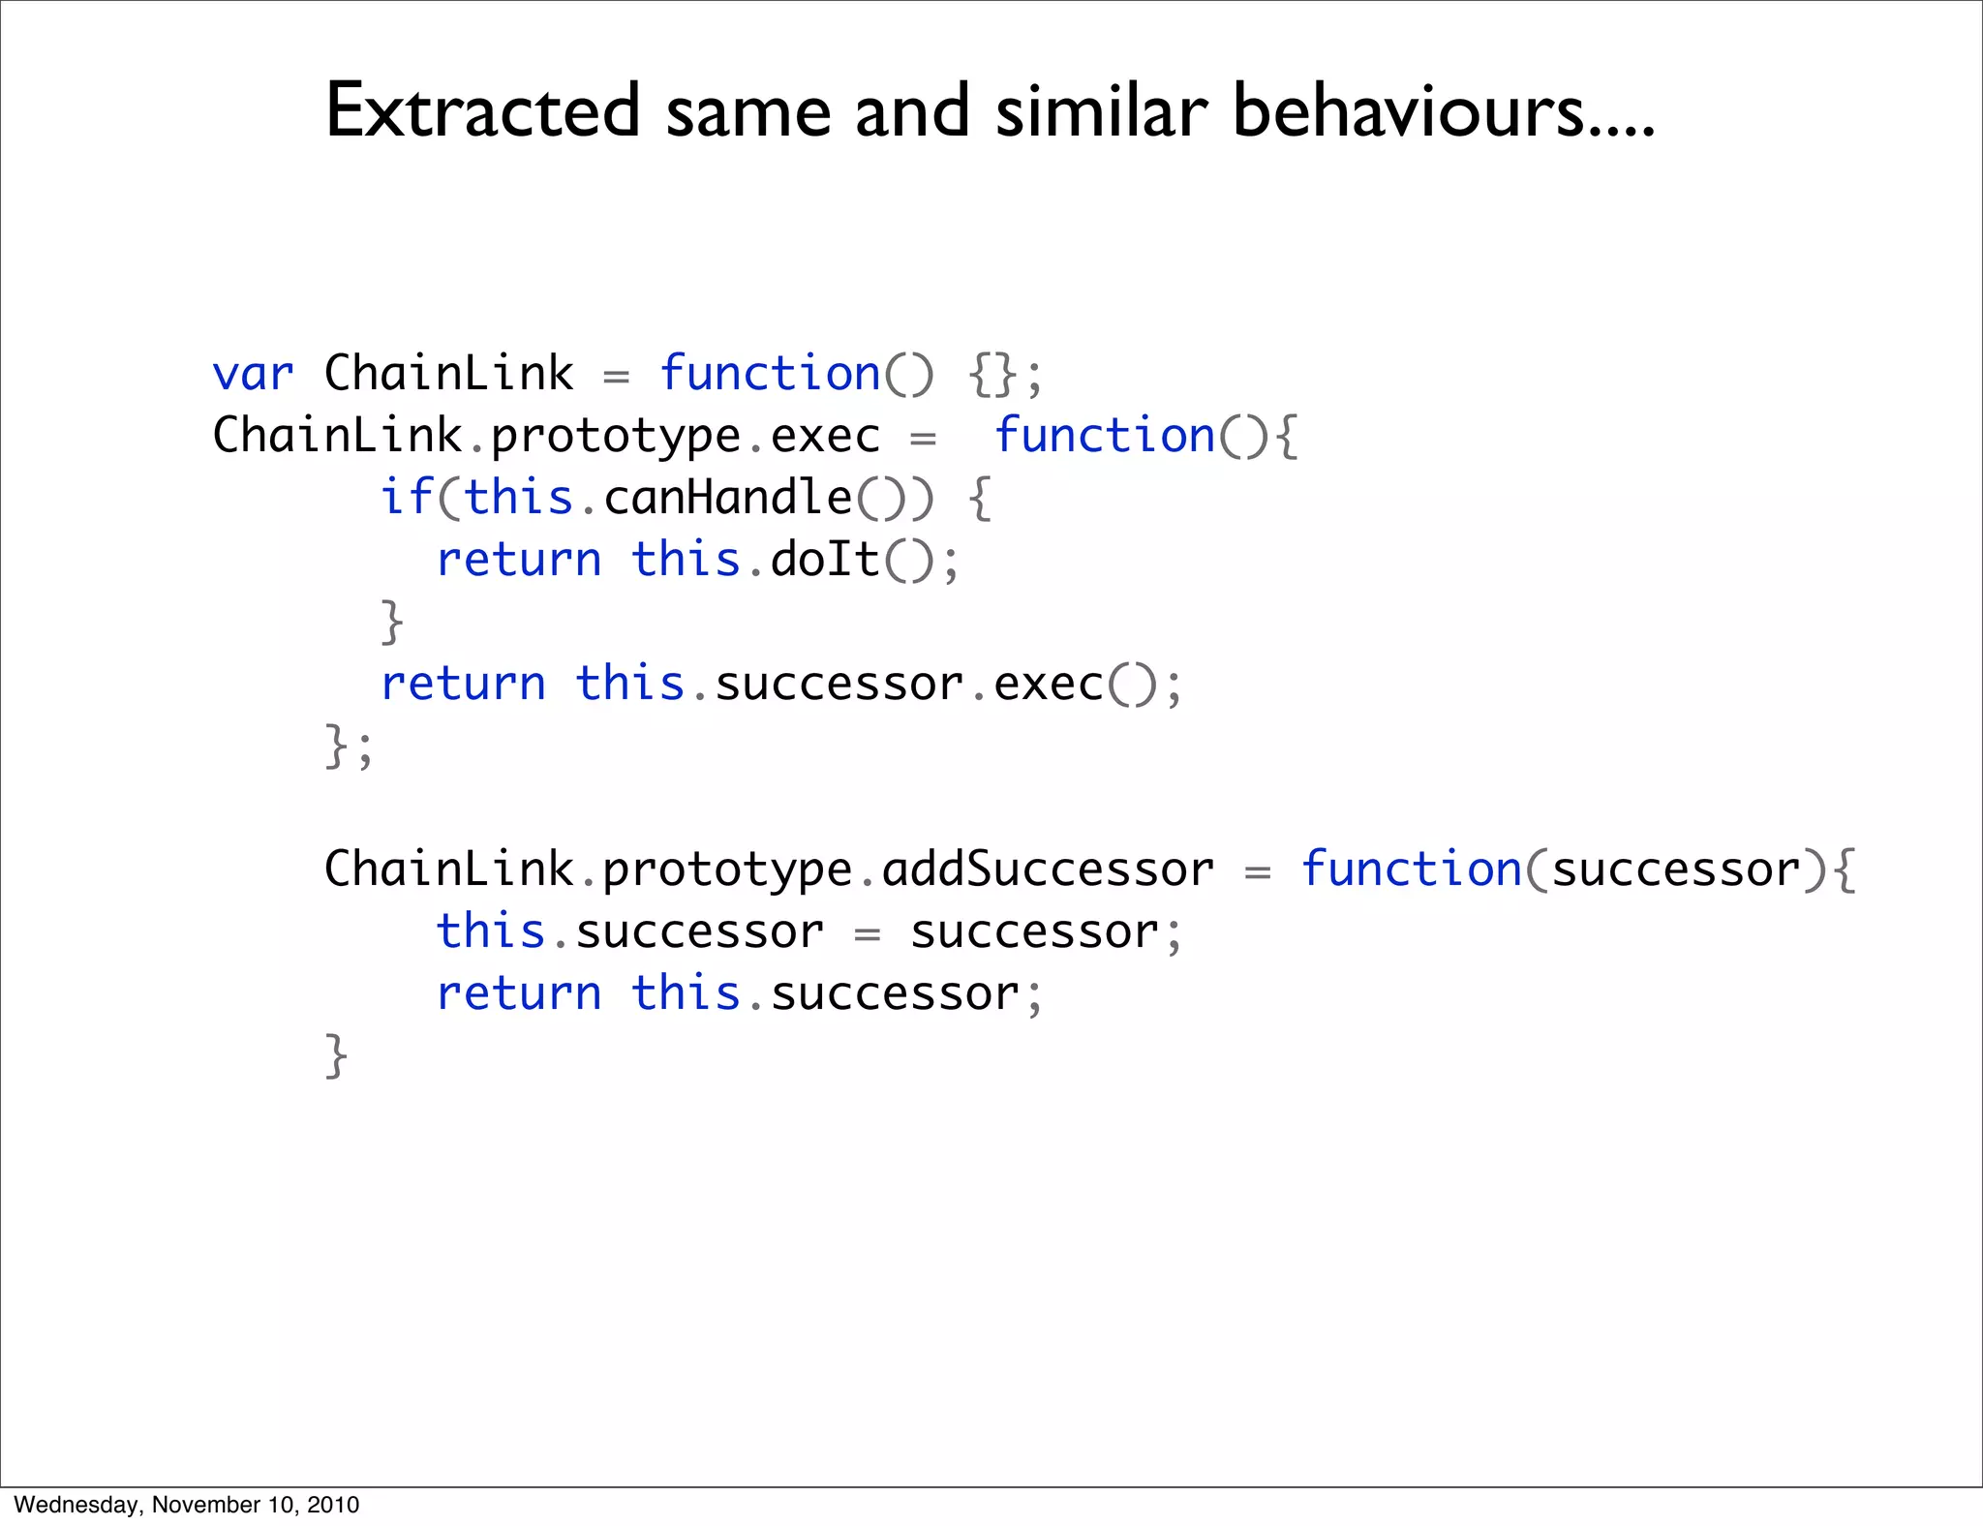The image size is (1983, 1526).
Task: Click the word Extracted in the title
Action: (x=482, y=111)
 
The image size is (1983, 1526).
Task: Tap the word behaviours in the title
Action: (x=1408, y=111)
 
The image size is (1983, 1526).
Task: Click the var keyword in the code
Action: (x=252, y=374)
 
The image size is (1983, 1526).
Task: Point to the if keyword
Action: (x=405, y=498)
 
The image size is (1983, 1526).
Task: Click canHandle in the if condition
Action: (x=727, y=498)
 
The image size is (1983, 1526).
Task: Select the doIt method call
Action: (x=824, y=560)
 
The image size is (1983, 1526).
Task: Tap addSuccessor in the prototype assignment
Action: (x=1048, y=869)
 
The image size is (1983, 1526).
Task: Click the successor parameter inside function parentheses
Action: (x=1676, y=869)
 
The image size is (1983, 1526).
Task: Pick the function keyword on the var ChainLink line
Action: (x=770, y=374)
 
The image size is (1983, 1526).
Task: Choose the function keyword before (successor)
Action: (x=1411, y=869)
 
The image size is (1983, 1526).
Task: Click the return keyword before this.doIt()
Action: (x=519, y=560)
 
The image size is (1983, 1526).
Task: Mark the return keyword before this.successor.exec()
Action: (x=463, y=684)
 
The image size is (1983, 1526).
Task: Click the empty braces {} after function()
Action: (x=992, y=375)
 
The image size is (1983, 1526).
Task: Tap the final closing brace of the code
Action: (x=335, y=1055)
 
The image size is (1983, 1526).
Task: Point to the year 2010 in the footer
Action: (x=333, y=1505)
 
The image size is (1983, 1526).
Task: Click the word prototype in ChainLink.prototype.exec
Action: (x=616, y=437)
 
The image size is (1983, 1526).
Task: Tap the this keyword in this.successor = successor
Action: (x=490, y=931)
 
